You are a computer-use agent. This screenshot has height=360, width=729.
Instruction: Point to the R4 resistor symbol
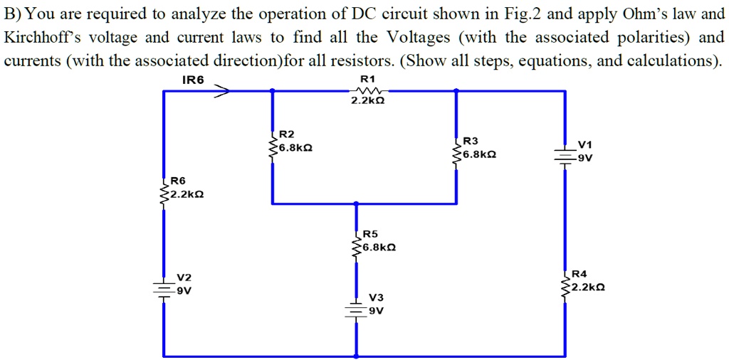[566, 287]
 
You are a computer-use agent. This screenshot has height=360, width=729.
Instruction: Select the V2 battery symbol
[164, 287]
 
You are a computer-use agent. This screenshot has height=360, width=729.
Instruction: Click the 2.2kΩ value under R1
[368, 102]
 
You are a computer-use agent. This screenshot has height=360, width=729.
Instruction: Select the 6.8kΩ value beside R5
[379, 248]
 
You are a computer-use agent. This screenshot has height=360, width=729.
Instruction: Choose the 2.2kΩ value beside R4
[588, 288]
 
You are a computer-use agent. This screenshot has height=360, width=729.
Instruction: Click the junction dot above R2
[271, 90]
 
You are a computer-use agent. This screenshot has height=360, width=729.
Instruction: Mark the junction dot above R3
[456, 90]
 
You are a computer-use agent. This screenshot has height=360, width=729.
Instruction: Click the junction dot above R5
[356, 204]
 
